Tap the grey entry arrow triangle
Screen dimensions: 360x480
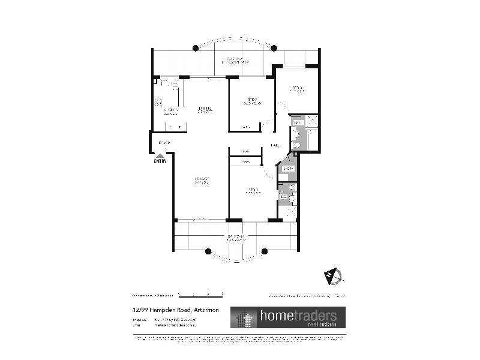point(160,155)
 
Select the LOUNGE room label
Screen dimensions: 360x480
point(201,181)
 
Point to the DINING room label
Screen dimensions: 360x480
point(205,109)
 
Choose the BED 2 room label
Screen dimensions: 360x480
point(251,101)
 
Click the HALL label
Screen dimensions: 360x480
point(275,146)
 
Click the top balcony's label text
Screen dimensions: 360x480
point(234,61)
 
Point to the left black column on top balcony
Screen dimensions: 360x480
point(196,49)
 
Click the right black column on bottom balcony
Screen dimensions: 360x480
point(268,252)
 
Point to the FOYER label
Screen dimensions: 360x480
point(164,143)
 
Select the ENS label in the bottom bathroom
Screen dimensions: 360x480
point(283,196)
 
